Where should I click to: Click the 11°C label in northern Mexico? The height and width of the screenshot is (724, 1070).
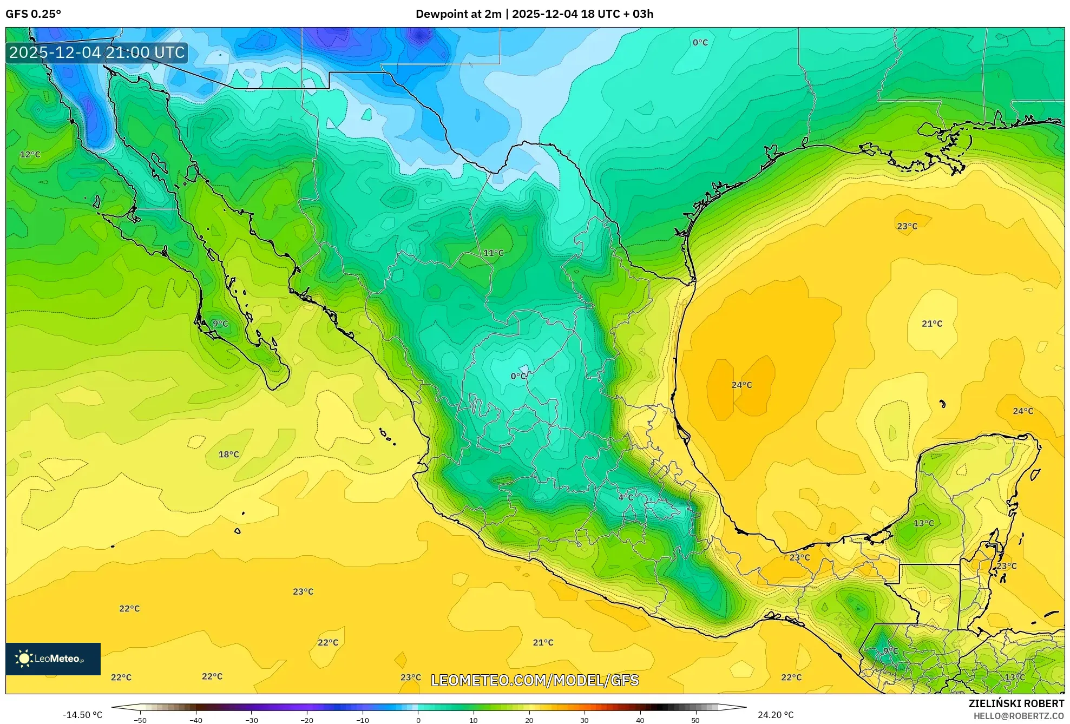[x=493, y=253]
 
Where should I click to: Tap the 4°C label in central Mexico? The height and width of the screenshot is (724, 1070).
[x=626, y=497]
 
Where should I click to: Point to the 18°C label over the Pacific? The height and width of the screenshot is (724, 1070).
[x=228, y=455]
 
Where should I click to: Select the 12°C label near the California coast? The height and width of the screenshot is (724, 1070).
[x=30, y=154]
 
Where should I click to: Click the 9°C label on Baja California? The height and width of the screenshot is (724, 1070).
[x=220, y=324]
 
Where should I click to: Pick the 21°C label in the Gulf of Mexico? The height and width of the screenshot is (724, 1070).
[x=932, y=324]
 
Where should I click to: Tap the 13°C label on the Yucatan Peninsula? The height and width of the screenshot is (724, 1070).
[x=924, y=523]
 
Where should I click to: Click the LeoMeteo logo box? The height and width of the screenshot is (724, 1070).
[x=53, y=659]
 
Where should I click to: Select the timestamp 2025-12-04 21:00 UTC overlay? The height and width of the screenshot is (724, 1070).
[x=97, y=52]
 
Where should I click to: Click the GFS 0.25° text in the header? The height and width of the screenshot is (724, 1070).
[x=34, y=14]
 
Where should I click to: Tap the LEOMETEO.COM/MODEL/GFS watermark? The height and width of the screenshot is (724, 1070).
[x=535, y=680]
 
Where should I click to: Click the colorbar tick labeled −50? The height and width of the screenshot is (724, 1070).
[x=140, y=720]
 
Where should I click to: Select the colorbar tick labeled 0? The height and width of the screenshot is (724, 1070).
[x=418, y=720]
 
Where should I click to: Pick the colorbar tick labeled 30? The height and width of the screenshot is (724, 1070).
[x=585, y=720]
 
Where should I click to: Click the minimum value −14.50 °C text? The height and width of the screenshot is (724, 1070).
[x=82, y=715]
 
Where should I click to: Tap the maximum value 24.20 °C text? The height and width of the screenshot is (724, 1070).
[x=776, y=715]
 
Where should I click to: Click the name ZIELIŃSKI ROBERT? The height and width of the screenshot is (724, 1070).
[x=1016, y=703]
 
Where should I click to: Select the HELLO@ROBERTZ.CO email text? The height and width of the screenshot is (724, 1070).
[x=1019, y=716]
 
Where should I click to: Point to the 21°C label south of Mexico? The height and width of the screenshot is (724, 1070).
[x=543, y=642]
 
